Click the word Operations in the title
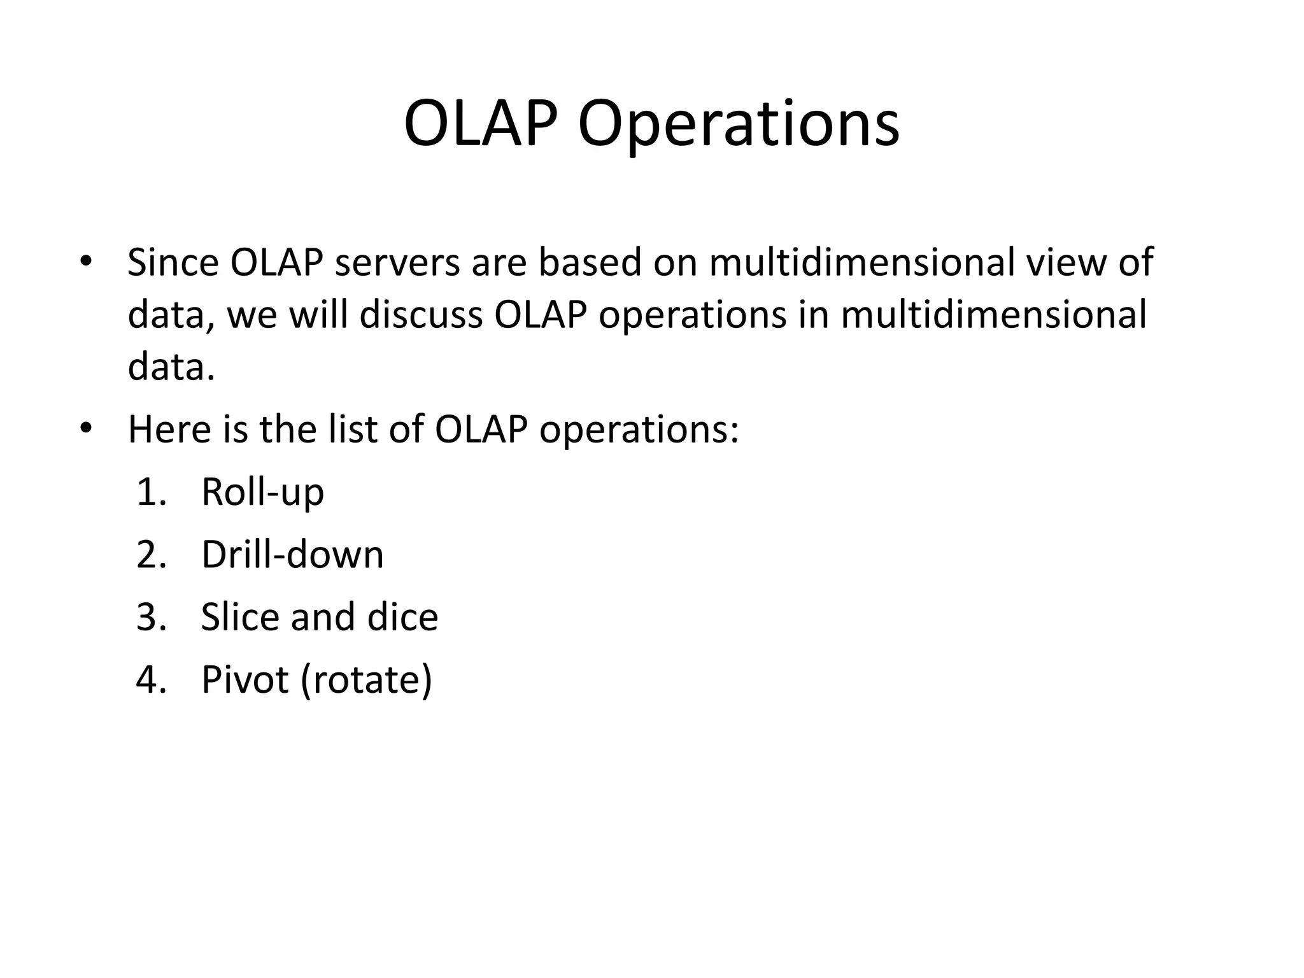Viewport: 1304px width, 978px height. pos(739,124)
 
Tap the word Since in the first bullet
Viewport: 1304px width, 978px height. pos(172,262)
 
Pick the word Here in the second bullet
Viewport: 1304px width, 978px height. pos(169,429)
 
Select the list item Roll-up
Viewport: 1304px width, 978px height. pos(262,492)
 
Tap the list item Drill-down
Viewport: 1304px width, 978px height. pos(292,555)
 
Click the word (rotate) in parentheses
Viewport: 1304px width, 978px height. pos(367,679)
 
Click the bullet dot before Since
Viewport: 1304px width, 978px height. pos(86,262)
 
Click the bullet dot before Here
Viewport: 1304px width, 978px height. pos(86,429)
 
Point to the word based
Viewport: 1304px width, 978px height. pos(590,262)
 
